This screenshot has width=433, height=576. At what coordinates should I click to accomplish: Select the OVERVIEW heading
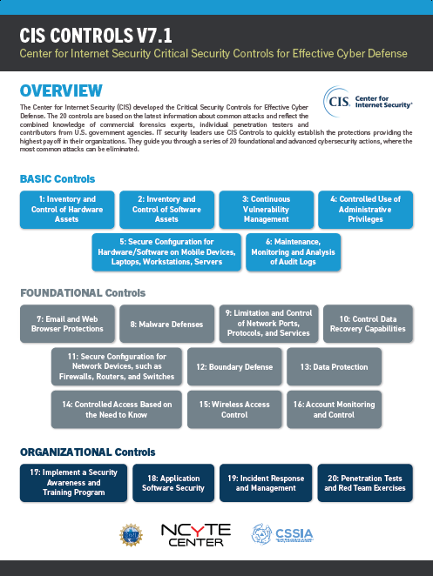click(x=61, y=90)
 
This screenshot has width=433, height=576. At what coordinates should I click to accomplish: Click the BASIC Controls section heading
click(x=58, y=179)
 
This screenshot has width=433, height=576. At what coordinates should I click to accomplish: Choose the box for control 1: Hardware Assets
click(x=67, y=209)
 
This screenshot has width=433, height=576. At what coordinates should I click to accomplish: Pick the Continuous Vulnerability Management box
click(x=266, y=209)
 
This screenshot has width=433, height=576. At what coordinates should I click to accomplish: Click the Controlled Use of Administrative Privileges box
click(x=365, y=209)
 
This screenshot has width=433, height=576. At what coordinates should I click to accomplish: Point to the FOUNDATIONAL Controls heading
click(x=83, y=293)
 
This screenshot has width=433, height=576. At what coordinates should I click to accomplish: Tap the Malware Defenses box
click(x=166, y=325)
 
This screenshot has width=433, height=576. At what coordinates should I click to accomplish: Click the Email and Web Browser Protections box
click(x=67, y=325)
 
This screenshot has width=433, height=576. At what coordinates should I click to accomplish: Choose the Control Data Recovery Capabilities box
click(x=365, y=325)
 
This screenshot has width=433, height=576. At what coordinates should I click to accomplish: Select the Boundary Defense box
click(x=234, y=367)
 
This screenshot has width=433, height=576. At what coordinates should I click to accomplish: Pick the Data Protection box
click(x=335, y=367)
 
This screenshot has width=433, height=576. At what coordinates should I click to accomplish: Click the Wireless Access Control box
click(x=234, y=410)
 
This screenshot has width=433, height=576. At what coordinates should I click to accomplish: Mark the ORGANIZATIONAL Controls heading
click(x=88, y=452)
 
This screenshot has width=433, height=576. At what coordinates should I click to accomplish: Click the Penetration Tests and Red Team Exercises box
click(x=365, y=484)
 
